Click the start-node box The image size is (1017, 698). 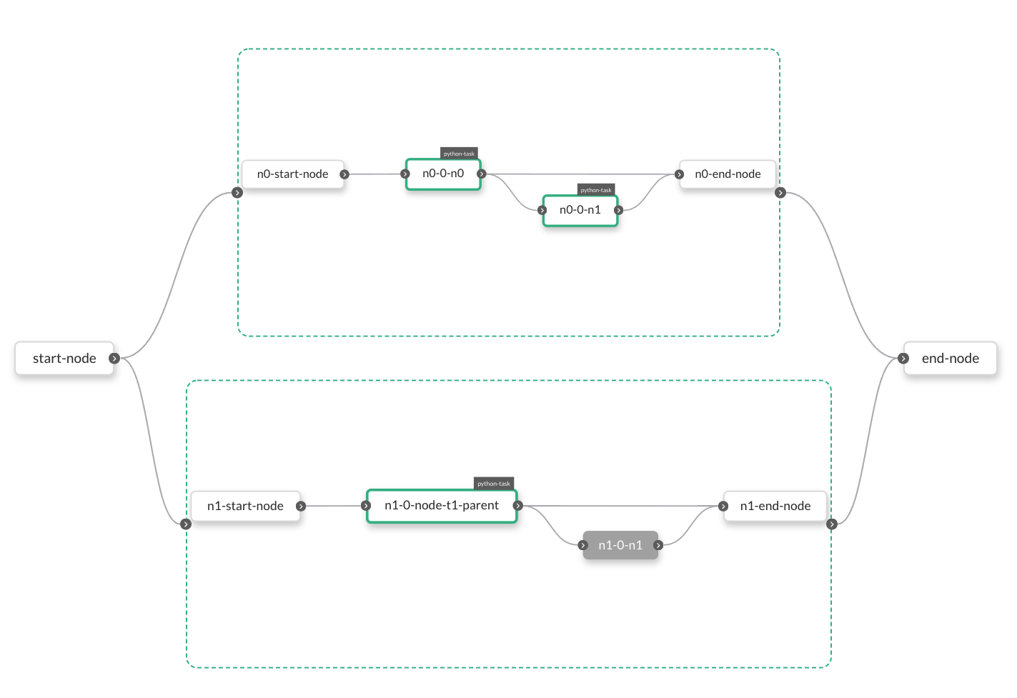point(64,358)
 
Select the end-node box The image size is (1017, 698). point(950,358)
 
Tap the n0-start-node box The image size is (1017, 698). point(292,174)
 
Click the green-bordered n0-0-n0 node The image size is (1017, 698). point(443,174)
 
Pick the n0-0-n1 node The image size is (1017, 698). point(580,210)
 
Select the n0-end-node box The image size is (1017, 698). point(728,174)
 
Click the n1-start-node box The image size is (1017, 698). point(245,506)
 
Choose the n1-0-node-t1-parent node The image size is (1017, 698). point(442,506)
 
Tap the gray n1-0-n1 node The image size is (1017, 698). point(620,545)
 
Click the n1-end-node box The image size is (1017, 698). point(775,506)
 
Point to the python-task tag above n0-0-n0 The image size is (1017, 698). point(459,154)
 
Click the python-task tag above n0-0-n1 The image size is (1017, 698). point(596,190)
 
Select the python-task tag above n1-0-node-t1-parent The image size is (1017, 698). point(494,484)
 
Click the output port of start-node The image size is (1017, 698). point(114,358)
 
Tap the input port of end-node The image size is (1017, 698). point(904,358)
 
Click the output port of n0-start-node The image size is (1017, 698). point(344,174)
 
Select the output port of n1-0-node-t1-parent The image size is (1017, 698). point(518,506)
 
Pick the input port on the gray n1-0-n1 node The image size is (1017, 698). point(583,545)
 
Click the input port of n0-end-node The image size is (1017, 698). point(680,174)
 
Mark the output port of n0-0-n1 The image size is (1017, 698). point(619,210)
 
